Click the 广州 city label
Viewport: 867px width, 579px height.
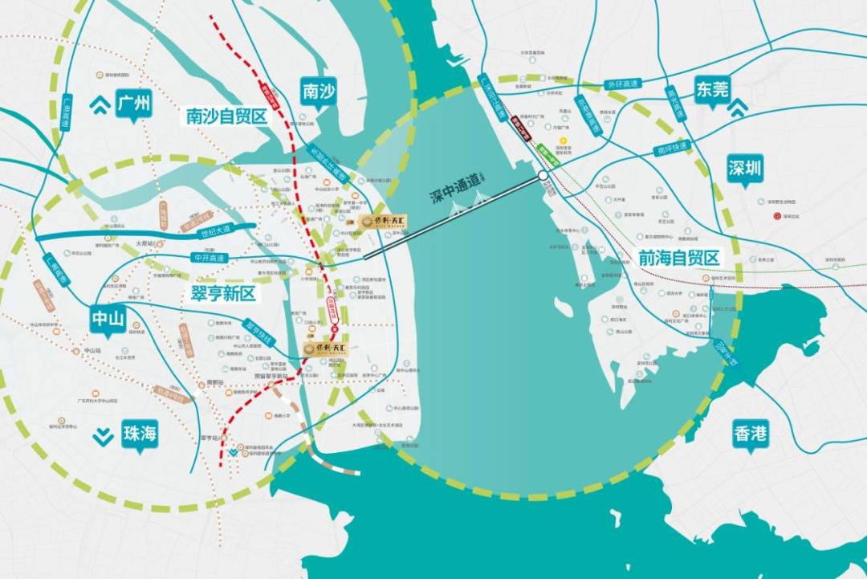(x=133, y=104)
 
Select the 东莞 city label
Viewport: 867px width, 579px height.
(x=712, y=89)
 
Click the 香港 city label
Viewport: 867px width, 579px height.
(x=751, y=434)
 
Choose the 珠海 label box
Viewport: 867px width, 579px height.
(x=140, y=434)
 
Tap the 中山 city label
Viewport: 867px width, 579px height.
(x=108, y=320)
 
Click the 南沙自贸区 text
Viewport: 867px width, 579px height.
(x=226, y=117)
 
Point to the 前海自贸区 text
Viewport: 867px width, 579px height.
(x=679, y=258)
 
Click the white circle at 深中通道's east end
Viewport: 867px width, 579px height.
(x=543, y=174)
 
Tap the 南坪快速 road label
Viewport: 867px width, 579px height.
(x=673, y=149)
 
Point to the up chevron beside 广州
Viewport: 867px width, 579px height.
(x=101, y=103)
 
